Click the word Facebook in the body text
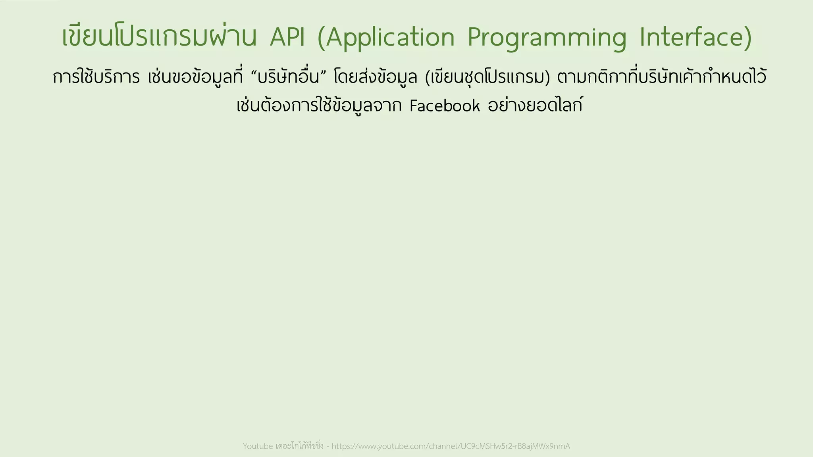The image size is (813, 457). pyautogui.click(x=445, y=106)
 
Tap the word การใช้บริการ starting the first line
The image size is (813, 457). pyautogui.click(x=96, y=77)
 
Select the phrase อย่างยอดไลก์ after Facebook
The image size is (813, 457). pyautogui.click(x=535, y=106)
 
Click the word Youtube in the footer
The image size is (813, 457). pyautogui.click(x=258, y=446)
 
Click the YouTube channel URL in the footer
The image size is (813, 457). pyautogui.click(x=451, y=446)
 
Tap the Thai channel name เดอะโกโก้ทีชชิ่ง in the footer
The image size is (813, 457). pyautogui.click(x=300, y=446)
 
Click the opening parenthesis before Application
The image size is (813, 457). pyautogui.click(x=321, y=38)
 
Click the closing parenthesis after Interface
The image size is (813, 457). pyautogui.click(x=747, y=38)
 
